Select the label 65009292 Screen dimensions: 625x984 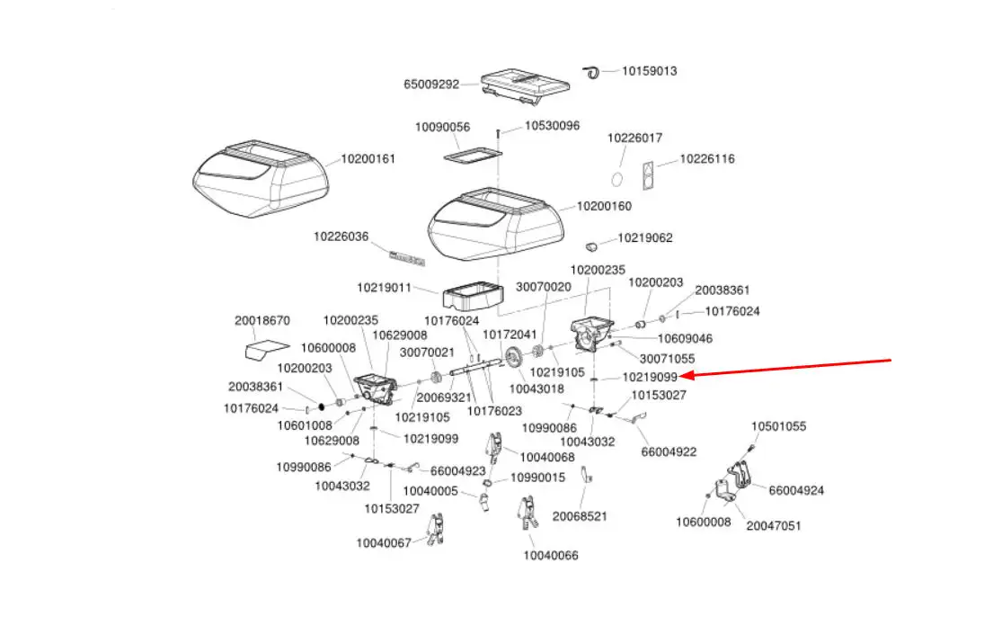coord(431,85)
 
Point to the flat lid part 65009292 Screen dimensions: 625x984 coord(526,84)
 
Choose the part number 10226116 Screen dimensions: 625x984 coord(706,159)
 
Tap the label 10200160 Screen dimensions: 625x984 coord(604,206)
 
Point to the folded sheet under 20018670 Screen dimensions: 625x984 coord(267,348)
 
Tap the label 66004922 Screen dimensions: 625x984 coord(669,451)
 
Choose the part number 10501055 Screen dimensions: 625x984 coord(778,426)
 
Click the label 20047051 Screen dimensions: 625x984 coord(773,525)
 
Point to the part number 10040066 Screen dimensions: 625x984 coord(550,555)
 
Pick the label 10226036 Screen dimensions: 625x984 coord(341,237)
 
